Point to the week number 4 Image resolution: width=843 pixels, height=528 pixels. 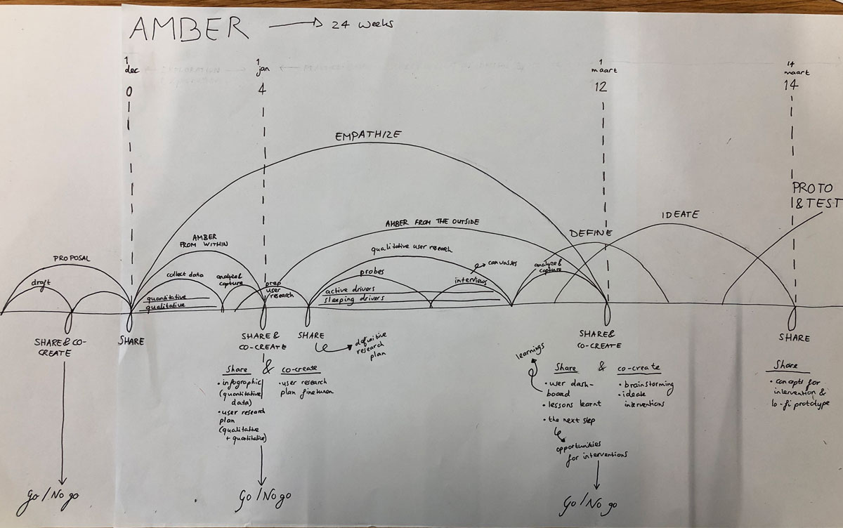[x=263, y=89]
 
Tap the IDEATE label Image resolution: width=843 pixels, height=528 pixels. [x=680, y=214]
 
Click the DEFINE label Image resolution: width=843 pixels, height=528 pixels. [x=591, y=233]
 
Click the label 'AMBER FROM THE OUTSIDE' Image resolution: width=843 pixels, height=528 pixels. [x=432, y=223]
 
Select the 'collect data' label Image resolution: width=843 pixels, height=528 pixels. [x=185, y=275]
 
